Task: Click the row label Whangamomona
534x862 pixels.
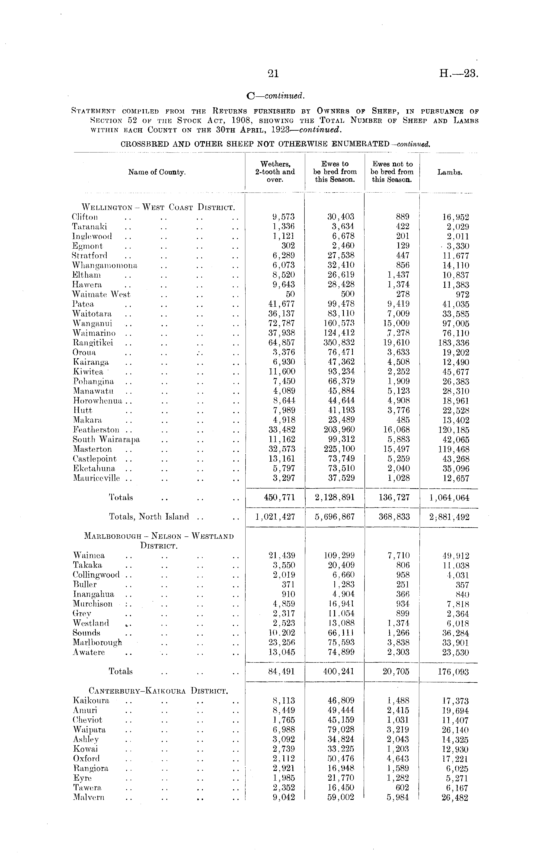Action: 105,265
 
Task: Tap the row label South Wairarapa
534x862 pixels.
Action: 106,440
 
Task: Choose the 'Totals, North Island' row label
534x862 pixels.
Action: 149,517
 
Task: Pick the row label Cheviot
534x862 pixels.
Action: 88,720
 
